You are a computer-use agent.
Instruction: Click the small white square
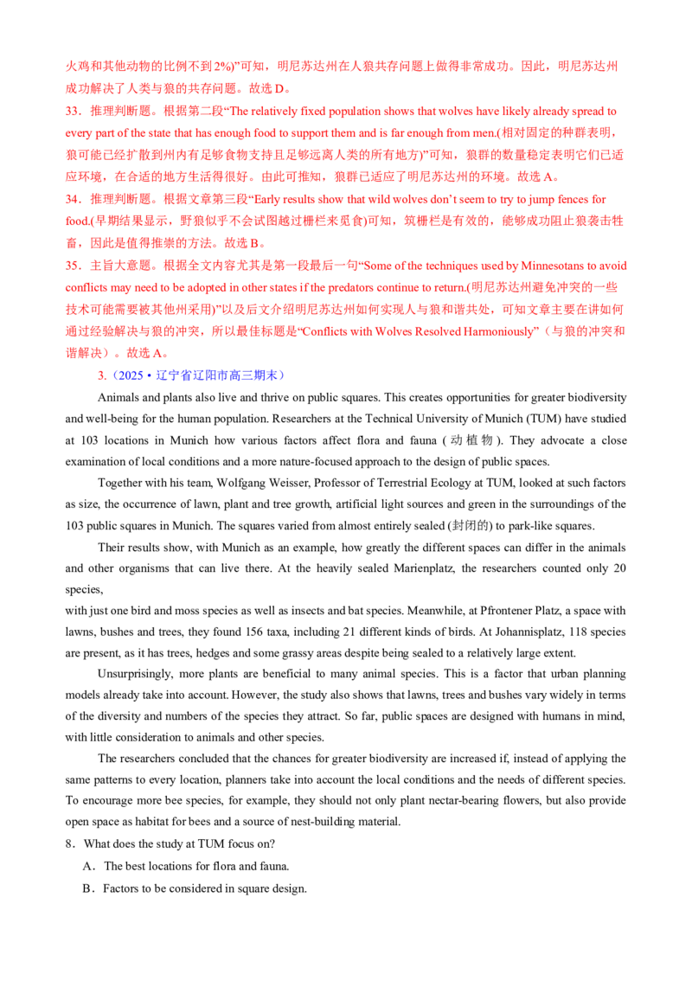coord(107,592)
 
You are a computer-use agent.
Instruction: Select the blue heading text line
coord(198,375)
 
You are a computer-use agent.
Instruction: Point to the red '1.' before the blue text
coord(102,375)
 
